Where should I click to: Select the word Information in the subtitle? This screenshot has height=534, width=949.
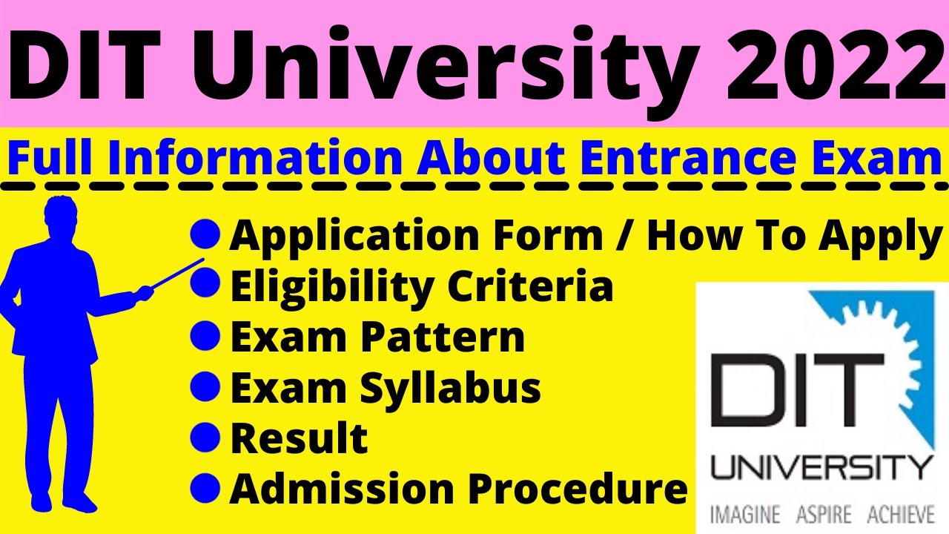click(254, 157)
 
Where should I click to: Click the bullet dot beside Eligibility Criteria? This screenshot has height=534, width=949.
click(205, 283)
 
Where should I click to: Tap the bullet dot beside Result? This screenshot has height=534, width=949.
click(205, 437)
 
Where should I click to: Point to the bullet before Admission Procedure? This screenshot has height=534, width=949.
click(205, 488)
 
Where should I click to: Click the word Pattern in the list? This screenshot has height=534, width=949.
click(443, 337)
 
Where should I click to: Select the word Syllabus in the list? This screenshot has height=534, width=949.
click(450, 388)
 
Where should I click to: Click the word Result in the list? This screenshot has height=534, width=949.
click(299, 438)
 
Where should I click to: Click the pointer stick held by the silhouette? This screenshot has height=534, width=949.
click(178, 274)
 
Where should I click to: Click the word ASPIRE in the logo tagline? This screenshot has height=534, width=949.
click(824, 515)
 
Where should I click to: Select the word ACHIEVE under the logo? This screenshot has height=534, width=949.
click(901, 515)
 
